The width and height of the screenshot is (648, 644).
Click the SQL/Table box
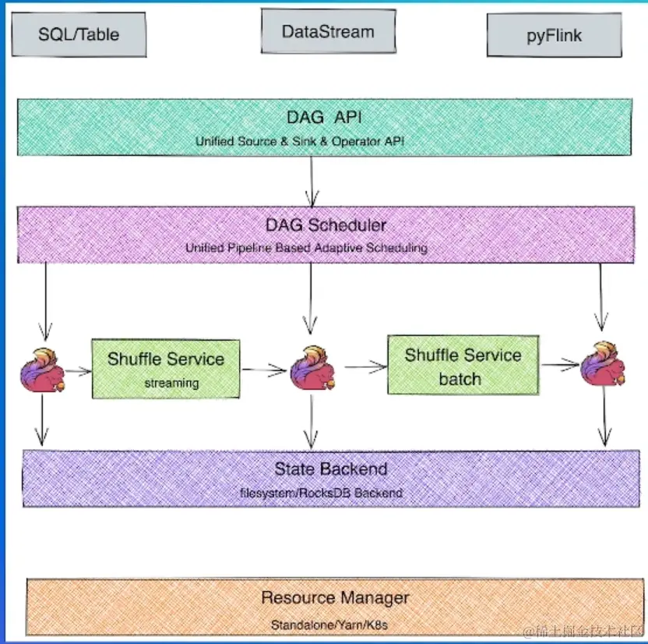click(80, 34)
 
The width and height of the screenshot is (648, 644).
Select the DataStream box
click(327, 32)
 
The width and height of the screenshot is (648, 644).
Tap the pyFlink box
click(554, 36)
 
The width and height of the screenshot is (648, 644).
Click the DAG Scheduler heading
click(325, 226)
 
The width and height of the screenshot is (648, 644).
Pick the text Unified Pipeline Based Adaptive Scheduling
click(306, 248)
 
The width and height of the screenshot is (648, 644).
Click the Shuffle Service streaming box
click(165, 369)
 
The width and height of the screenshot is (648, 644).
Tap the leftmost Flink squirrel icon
click(42, 370)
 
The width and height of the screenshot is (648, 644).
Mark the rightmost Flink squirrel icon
click(603, 364)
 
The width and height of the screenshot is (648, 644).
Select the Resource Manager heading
click(335, 599)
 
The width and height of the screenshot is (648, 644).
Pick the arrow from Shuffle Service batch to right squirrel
click(560, 364)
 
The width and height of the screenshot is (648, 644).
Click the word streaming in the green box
click(172, 383)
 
